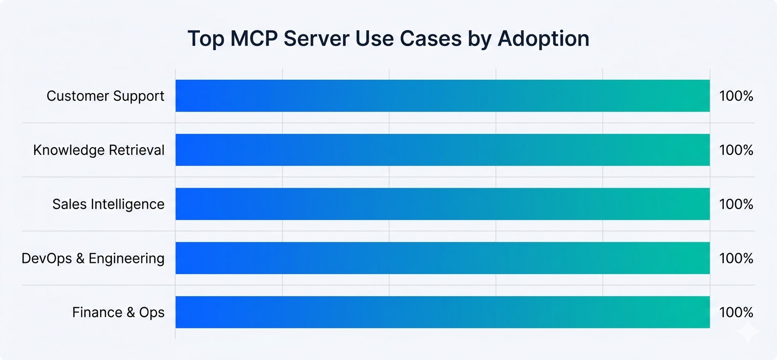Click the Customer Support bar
coord(442,96)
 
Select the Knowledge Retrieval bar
coord(442,150)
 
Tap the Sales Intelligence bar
coord(442,204)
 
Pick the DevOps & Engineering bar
coord(442,258)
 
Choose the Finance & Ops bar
coord(442,312)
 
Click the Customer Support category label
coord(105,96)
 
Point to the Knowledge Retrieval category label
coord(99,150)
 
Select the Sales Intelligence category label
coord(108,205)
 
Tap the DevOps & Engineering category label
coord(93,259)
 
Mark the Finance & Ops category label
coord(118,312)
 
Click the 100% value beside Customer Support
coord(736,96)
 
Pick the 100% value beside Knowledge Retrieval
coord(736,150)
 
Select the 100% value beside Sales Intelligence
coord(736,205)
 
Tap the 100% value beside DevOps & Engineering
coord(736,259)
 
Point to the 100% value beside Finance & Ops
coord(736,312)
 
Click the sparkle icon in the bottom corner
coord(748,333)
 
